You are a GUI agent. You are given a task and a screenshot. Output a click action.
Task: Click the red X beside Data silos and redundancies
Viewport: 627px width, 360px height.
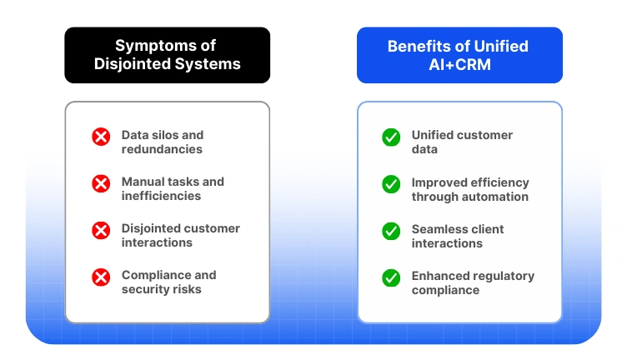click(x=101, y=137)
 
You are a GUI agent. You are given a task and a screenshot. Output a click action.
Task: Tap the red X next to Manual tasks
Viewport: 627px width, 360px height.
click(x=101, y=183)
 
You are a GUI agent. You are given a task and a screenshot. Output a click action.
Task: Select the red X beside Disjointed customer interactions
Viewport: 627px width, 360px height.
click(x=101, y=230)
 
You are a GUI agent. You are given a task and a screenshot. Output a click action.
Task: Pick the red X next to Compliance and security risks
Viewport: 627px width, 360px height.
click(x=101, y=277)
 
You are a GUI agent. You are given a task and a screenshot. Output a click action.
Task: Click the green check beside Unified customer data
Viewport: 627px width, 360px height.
click(x=391, y=137)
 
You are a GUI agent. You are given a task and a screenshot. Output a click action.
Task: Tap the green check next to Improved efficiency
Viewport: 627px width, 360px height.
click(x=391, y=183)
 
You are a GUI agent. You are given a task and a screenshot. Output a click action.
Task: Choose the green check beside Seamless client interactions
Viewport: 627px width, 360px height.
click(x=391, y=230)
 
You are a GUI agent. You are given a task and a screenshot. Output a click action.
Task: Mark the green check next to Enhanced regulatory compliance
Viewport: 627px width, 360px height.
click(x=391, y=277)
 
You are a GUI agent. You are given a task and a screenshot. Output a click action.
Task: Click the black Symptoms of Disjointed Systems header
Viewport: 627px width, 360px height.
click(x=167, y=55)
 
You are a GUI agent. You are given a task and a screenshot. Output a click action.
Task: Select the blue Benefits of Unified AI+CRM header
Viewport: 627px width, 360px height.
click(x=459, y=55)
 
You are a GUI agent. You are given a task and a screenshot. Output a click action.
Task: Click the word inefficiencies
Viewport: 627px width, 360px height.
click(x=161, y=197)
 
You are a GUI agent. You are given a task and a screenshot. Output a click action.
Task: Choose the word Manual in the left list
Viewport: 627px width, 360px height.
click(x=143, y=182)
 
